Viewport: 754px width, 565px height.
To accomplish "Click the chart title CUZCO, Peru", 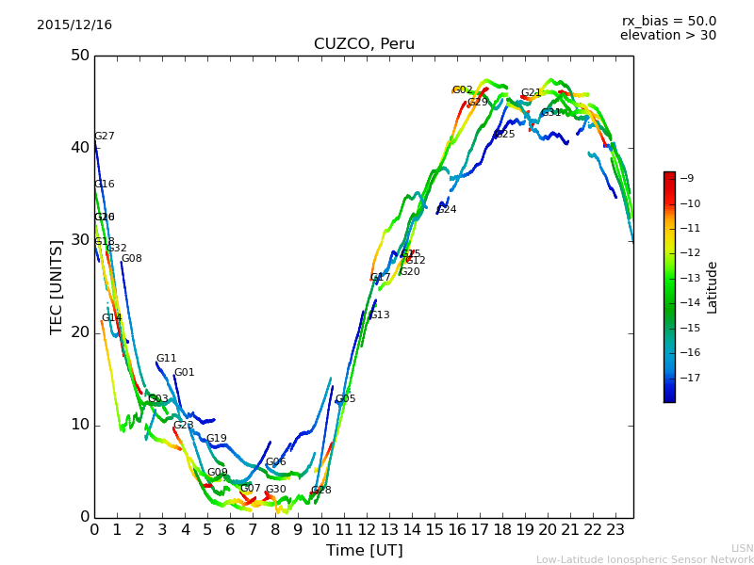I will tap(364, 44).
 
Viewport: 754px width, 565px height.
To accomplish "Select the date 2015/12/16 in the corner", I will tap(74, 25).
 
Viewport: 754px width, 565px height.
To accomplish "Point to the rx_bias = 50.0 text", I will tap(668, 21).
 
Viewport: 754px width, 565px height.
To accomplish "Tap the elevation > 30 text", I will tap(667, 36).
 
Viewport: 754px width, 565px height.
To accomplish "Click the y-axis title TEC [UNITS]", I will tap(57, 286).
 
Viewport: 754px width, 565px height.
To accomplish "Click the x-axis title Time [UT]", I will tap(364, 551).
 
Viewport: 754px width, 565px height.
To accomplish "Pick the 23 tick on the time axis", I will tap(615, 530).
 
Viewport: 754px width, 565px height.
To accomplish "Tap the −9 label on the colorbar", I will tap(687, 178).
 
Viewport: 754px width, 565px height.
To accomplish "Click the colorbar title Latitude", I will tap(713, 287).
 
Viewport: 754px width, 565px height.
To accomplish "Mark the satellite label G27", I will tap(105, 137).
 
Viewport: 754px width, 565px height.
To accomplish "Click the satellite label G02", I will tap(463, 90).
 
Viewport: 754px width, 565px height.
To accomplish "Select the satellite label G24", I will tap(447, 210).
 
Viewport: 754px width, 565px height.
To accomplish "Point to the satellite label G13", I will tap(380, 315).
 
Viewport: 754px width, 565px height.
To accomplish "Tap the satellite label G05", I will tap(346, 399).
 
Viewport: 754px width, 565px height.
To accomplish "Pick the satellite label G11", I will tap(167, 359).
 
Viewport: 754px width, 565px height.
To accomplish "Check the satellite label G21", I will tap(532, 93).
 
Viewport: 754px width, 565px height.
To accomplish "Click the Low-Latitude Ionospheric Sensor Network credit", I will tap(645, 559).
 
